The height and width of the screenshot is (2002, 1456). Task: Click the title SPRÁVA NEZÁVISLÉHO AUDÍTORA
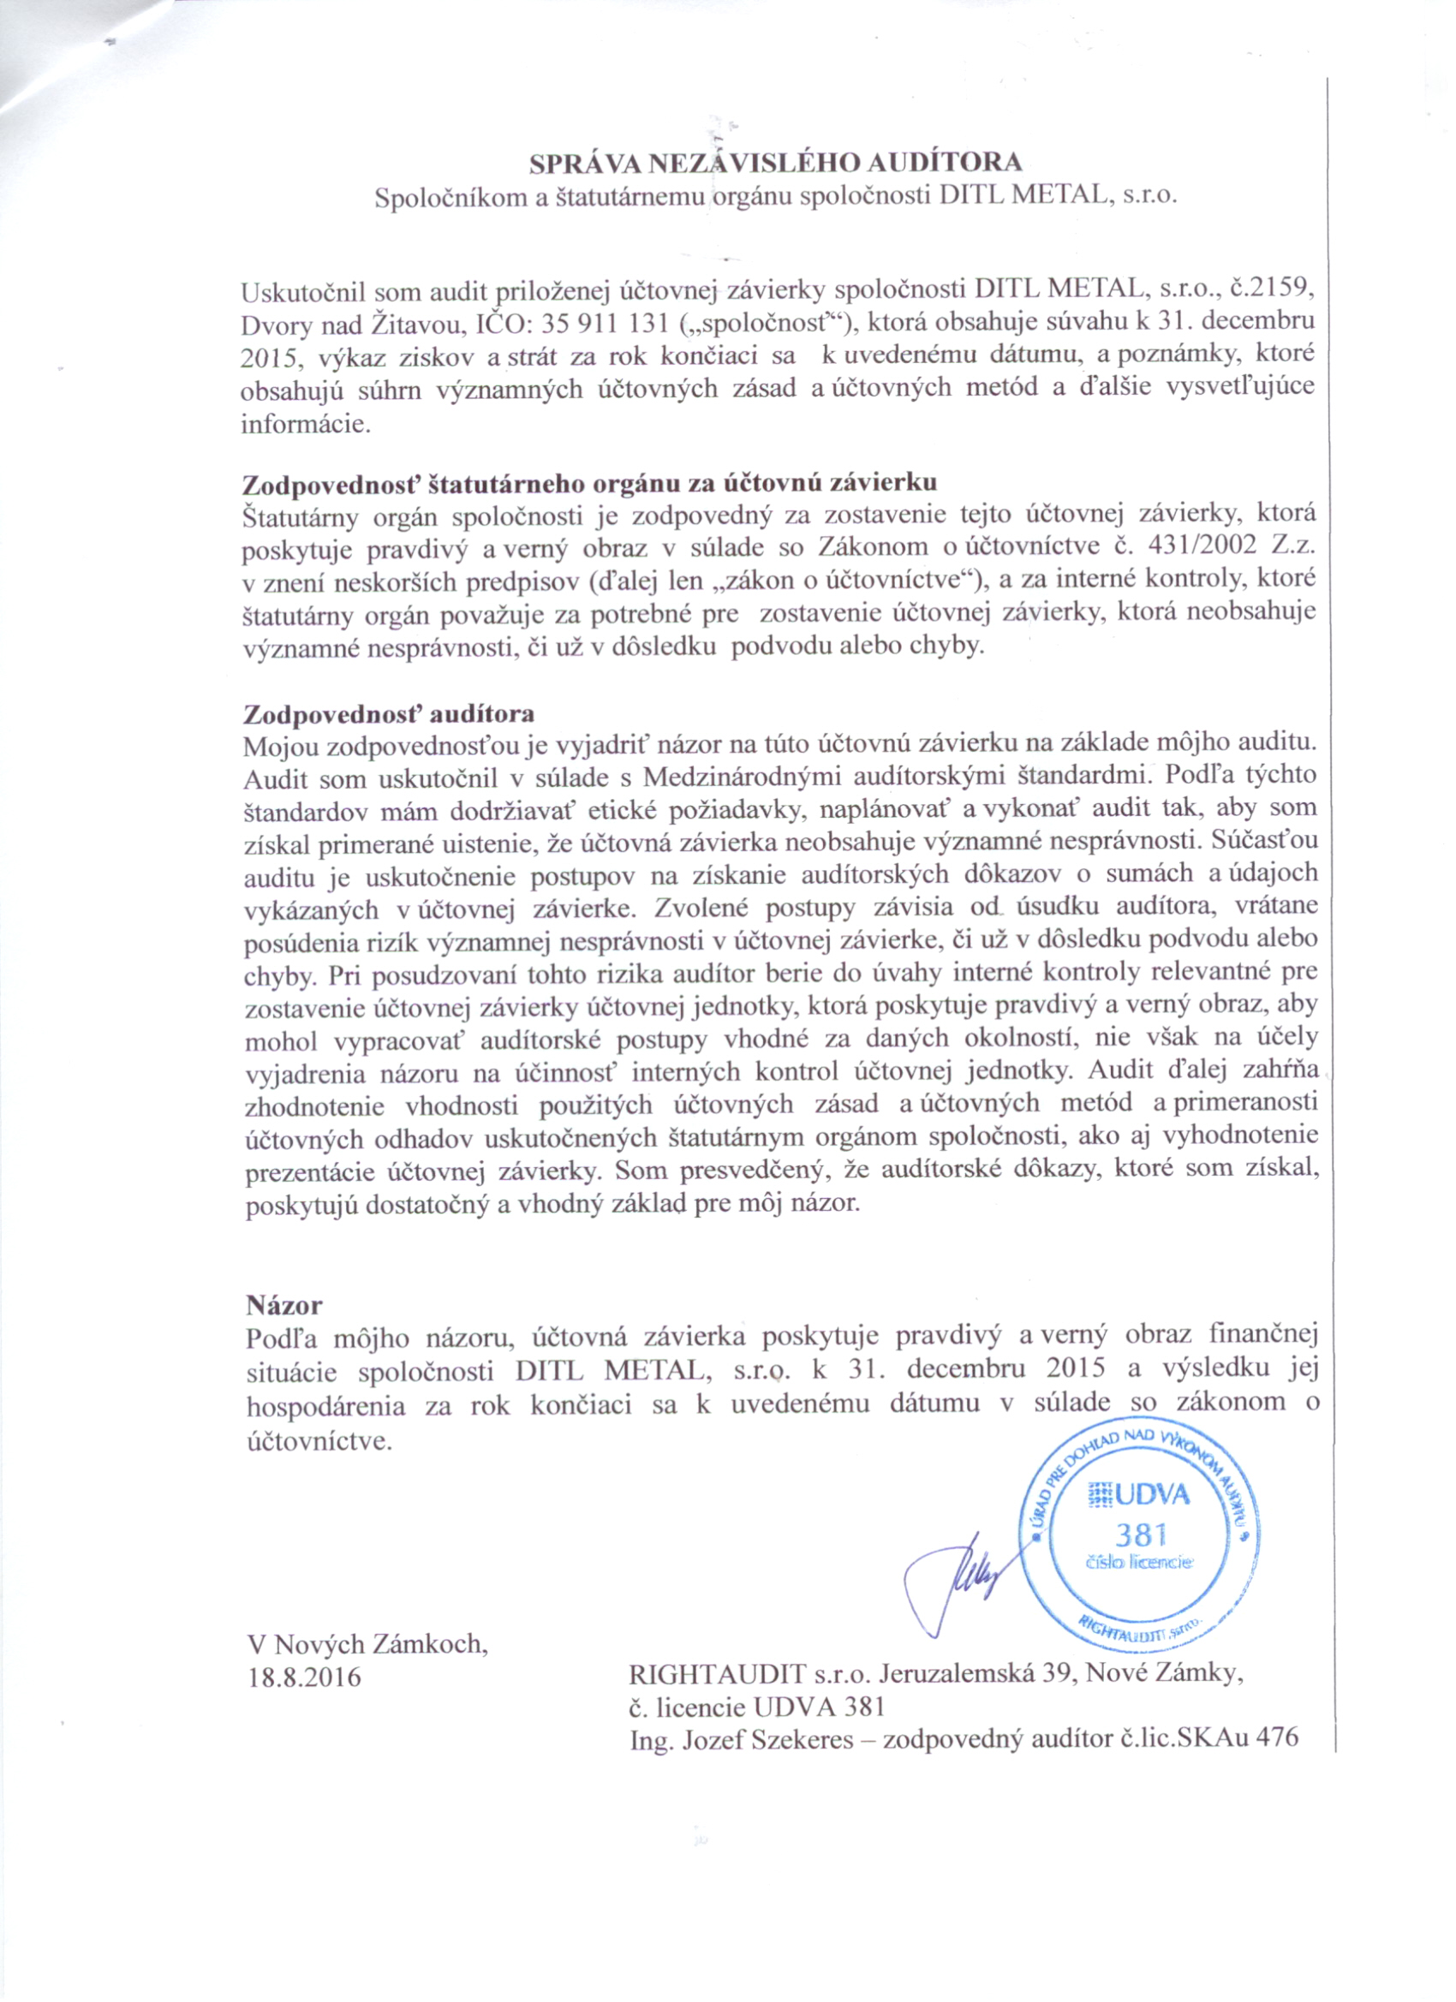775,164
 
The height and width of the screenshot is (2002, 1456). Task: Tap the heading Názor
284,1305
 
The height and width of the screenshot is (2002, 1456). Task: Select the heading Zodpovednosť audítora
389,712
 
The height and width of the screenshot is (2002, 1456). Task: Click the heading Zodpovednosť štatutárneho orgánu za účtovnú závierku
589,483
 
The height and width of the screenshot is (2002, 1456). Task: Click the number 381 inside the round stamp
1141,1534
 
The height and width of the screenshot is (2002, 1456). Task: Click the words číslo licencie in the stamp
1139,1563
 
